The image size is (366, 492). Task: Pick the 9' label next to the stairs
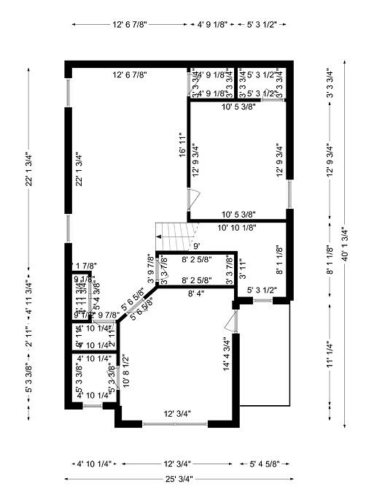(x=196, y=245)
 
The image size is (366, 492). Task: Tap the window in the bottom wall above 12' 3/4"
(x=175, y=423)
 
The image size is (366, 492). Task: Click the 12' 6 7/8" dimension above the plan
(x=131, y=24)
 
